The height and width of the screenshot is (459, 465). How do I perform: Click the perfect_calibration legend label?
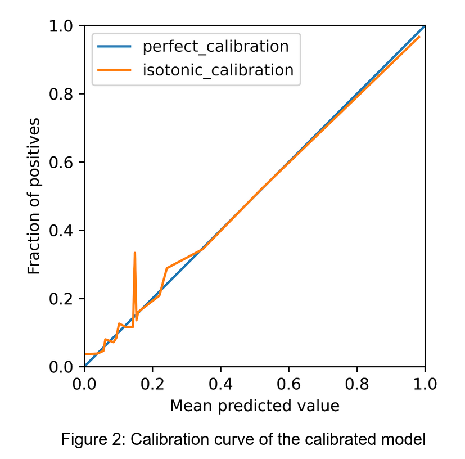click(216, 46)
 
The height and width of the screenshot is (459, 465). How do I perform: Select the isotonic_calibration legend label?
click(218, 70)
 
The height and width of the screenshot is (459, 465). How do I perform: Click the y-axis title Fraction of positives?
click(35, 196)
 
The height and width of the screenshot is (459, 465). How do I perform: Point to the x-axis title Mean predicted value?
click(254, 405)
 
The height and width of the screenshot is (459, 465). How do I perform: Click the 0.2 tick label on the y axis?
click(63, 299)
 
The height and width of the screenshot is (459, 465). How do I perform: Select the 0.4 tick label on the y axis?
click(63, 231)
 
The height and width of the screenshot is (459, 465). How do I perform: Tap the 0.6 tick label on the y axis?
click(63, 162)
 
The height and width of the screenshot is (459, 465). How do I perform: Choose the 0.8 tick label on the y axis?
click(63, 94)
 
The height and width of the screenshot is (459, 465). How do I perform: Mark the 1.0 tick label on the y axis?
click(63, 26)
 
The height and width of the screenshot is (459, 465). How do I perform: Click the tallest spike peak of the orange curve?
click(134, 253)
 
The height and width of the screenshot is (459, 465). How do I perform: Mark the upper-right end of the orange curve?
click(419, 37)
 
